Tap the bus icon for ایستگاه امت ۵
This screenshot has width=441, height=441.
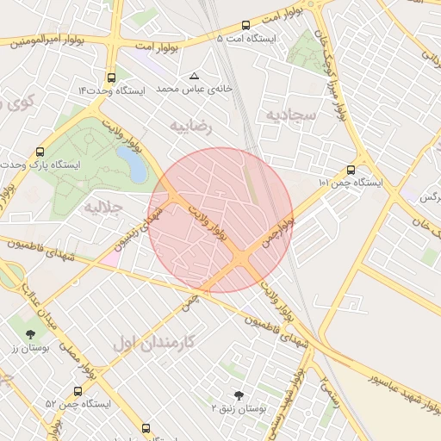[x=246, y=25]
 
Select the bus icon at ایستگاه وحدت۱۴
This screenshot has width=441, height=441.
[x=111, y=77]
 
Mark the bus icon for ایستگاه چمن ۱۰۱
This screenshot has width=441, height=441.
[x=350, y=170]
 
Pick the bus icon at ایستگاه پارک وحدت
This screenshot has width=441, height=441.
[x=40, y=150]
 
